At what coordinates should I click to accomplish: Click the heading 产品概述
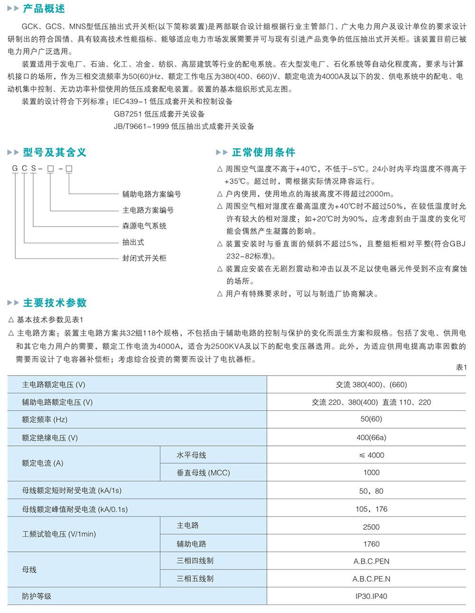click(44, 9)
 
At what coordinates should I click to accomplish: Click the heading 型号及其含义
click(55, 152)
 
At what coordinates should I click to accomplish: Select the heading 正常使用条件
click(264, 152)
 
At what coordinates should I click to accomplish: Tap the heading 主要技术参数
click(55, 303)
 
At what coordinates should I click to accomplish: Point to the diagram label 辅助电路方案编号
click(152, 194)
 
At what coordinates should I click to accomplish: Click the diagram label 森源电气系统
click(144, 226)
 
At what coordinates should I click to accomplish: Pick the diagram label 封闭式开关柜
click(144, 258)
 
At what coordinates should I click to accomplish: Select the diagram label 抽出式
click(133, 242)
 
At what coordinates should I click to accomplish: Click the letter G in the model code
click(15, 169)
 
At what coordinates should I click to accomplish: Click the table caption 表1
click(461, 367)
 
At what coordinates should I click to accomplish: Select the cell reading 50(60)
click(371, 419)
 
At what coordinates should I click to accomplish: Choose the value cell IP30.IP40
click(371, 596)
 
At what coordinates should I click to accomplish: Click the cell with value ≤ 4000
click(371, 455)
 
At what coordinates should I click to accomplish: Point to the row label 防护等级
click(37, 596)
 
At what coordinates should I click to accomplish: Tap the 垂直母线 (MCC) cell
click(203, 473)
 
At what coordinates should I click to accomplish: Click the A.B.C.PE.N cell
click(371, 579)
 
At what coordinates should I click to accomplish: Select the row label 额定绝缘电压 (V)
click(50, 438)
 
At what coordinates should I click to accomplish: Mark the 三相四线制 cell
click(195, 561)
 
